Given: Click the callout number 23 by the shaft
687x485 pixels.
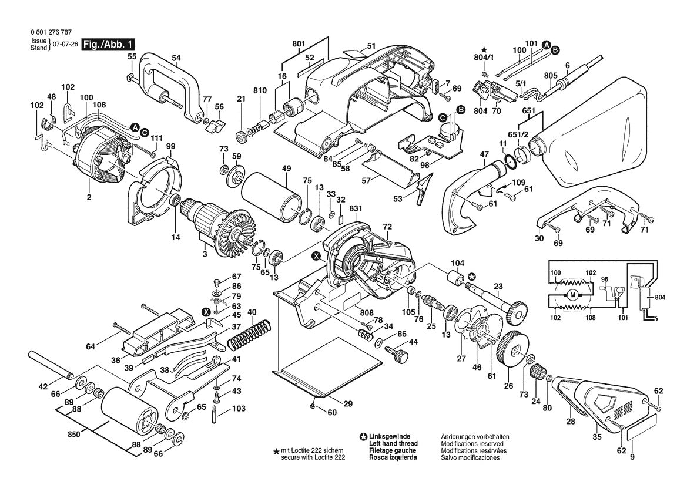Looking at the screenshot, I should click(x=498, y=287).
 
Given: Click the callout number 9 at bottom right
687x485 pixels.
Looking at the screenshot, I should click(x=632, y=457).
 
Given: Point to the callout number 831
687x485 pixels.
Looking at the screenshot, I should click(x=354, y=208).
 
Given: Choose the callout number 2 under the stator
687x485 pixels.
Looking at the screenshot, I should click(x=89, y=198).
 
